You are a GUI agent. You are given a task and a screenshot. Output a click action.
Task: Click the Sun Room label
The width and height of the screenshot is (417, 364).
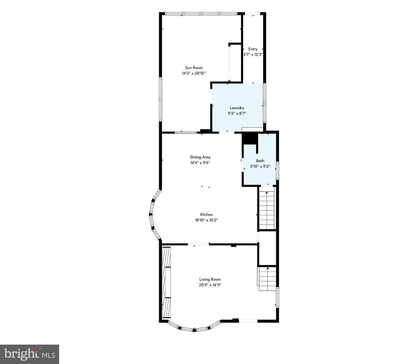click(x=194, y=68)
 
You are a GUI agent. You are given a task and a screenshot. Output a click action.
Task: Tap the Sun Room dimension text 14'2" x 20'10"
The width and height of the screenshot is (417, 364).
click(x=194, y=73)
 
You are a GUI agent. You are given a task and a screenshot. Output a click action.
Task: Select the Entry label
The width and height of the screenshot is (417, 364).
click(x=253, y=49)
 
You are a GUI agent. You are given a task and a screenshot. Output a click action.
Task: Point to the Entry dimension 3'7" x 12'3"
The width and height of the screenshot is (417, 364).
click(x=253, y=55)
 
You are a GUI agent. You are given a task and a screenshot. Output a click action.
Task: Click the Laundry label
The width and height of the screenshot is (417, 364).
click(x=237, y=108)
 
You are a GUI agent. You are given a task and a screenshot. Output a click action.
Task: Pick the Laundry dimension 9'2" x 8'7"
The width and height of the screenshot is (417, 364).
click(x=237, y=113)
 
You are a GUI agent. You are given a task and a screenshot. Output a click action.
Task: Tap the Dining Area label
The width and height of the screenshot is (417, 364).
click(x=200, y=157)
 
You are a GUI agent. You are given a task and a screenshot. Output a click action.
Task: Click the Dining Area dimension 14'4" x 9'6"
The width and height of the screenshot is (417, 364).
click(x=200, y=163)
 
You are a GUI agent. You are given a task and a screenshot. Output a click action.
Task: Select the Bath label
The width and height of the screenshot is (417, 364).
click(x=260, y=161)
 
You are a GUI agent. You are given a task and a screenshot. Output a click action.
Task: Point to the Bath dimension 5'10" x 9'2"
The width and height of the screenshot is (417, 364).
click(x=260, y=166)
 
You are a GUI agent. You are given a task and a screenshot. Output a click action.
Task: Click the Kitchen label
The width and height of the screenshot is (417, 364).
click(x=206, y=214)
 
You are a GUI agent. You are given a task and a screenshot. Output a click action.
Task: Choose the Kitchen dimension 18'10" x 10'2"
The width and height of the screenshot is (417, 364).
click(x=206, y=220)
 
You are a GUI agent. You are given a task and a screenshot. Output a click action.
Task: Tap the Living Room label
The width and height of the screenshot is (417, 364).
click(x=210, y=279)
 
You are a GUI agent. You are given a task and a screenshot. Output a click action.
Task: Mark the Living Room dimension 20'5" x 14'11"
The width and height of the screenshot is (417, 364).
click(x=210, y=285)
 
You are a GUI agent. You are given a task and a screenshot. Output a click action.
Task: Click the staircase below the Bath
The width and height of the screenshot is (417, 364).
click(x=267, y=208)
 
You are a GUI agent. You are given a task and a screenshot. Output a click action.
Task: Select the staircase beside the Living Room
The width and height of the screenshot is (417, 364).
click(x=267, y=279)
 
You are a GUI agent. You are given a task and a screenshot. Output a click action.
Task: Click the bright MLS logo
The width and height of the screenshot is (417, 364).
click(x=30, y=354)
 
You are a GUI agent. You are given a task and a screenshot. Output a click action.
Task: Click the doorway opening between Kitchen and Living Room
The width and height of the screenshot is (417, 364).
click(x=198, y=244)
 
